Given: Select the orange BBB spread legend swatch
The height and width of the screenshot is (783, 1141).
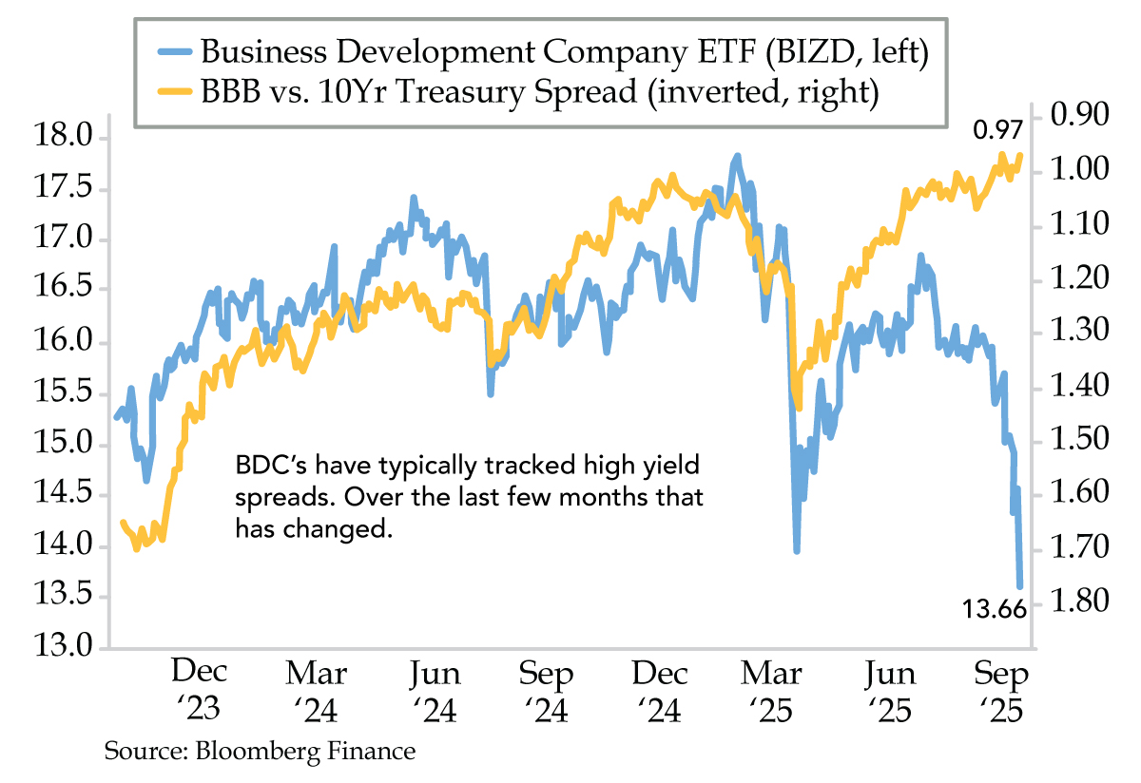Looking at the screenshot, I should tap(168, 93).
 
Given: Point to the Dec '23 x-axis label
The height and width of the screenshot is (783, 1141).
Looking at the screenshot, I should tap(200, 691).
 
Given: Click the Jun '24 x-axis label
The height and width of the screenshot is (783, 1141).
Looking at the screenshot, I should tap(435, 691).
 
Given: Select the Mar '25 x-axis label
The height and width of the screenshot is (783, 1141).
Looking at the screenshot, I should tap(772, 691).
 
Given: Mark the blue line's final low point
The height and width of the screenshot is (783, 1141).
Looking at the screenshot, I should tap(1020, 587).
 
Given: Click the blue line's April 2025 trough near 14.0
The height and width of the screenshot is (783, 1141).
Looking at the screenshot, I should tap(797, 550).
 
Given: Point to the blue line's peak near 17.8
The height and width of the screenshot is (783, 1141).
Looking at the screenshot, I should tap(736, 155).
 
